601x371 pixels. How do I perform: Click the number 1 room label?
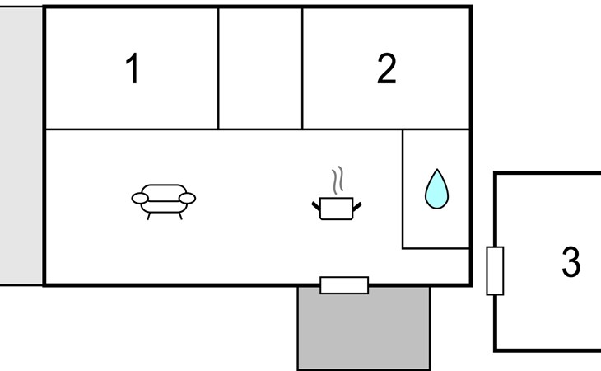pos(132,69)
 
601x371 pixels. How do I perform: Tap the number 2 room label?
pos(386,69)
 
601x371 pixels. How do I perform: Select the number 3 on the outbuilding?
pos(571,262)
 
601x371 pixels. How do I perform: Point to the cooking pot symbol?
pos(337,206)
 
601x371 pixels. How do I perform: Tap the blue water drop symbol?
pos(436,189)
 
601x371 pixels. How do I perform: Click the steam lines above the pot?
pos(337,179)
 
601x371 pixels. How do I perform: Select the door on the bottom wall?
pos(344,285)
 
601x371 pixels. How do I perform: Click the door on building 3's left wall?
pos(495,270)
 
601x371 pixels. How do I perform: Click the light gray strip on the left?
pos(21,146)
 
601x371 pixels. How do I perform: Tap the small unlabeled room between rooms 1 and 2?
pos(260,68)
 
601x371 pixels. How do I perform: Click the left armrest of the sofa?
pos(141,199)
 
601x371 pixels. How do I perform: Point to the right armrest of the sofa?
pos(188,199)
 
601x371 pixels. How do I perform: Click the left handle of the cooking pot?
pos(316,203)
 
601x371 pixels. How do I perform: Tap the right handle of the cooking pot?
pos(357,203)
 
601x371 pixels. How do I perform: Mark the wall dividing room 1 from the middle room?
pos(218,68)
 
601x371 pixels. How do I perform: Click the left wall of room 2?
pos(302,68)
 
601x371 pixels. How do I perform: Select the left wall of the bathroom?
pos(403,188)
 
